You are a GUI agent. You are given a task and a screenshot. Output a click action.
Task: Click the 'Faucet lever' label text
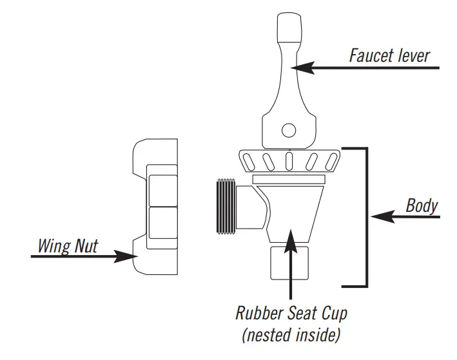[389, 55]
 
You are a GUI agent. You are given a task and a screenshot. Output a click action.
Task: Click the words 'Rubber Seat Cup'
[291, 314]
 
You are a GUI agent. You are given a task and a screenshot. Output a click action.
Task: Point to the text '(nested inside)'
[291, 335]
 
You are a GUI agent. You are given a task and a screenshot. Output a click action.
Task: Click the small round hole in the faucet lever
[288, 131]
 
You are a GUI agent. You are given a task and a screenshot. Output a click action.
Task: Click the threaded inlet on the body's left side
[225, 204]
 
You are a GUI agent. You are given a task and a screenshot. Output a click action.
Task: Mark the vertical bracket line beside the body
[367, 216]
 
